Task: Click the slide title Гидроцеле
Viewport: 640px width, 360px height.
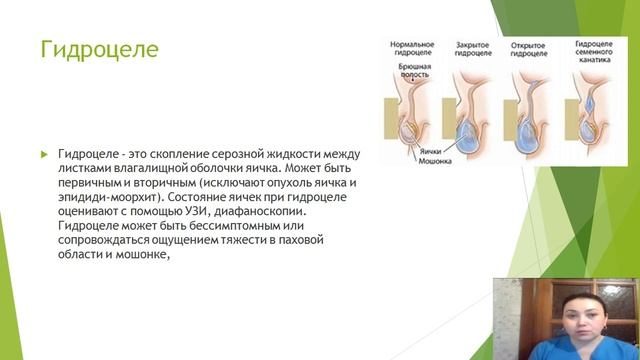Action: click(98, 50)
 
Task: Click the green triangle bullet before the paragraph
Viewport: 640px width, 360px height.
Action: click(43, 156)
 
